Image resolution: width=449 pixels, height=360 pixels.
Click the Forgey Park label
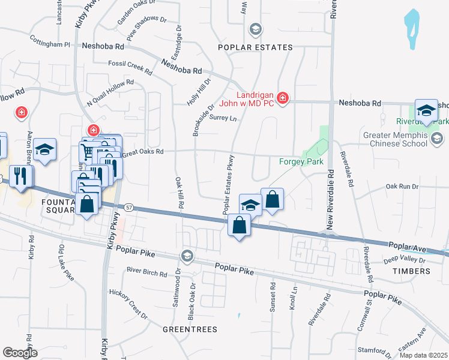click(x=301, y=161)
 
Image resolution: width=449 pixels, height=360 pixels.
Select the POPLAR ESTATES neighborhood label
click(x=255, y=47)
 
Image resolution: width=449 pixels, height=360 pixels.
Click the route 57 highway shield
click(x=129, y=207)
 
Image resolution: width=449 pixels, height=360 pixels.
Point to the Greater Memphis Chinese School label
click(x=396, y=140)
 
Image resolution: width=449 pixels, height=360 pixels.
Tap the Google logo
click(x=20, y=352)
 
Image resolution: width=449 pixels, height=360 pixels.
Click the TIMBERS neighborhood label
click(x=412, y=271)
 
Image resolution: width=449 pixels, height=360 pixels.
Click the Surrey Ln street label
click(x=224, y=118)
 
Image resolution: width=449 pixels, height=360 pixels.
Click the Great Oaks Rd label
click(x=143, y=152)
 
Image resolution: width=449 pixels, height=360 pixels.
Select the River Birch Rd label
click(x=146, y=273)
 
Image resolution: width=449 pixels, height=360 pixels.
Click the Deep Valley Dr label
click(x=404, y=260)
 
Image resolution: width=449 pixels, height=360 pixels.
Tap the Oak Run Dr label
click(x=402, y=187)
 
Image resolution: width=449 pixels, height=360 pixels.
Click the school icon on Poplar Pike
click(x=187, y=256)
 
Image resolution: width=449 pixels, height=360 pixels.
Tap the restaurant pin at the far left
click(x=21, y=176)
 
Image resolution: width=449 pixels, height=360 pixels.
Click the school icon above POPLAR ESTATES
click(x=255, y=29)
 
